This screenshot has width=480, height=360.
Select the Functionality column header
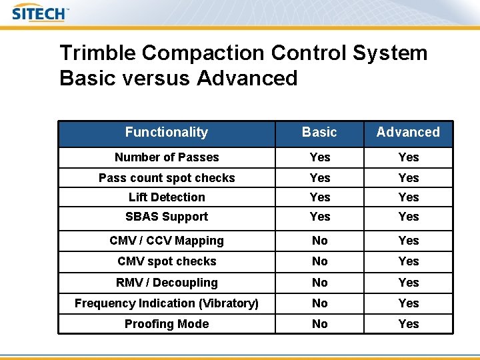[x=167, y=133]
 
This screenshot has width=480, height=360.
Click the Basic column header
[x=319, y=133]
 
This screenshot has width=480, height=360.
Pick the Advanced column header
[x=408, y=133]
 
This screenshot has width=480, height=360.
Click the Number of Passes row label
[x=167, y=157]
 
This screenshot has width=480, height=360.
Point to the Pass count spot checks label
[x=167, y=178]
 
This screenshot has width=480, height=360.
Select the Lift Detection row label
[x=167, y=197]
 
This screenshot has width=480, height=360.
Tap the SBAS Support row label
[x=167, y=217]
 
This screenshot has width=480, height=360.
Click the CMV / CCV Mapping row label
[x=167, y=241]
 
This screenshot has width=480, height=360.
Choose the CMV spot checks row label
[x=167, y=261]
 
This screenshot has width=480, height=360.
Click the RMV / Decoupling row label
[x=167, y=283]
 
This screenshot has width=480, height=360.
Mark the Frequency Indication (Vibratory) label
[x=167, y=303]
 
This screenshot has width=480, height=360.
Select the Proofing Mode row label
[x=167, y=324]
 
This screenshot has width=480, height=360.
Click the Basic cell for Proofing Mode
[x=320, y=324]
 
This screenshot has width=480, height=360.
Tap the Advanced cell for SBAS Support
[x=409, y=217]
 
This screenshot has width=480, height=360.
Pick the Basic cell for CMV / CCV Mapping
[x=320, y=241]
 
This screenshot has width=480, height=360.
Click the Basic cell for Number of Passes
[x=320, y=157]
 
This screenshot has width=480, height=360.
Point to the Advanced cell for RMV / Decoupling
[x=409, y=283]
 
